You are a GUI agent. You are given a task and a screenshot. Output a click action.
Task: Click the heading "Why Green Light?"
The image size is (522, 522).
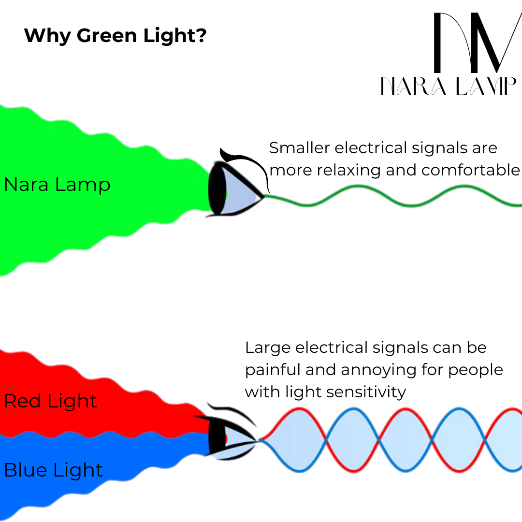(115, 35)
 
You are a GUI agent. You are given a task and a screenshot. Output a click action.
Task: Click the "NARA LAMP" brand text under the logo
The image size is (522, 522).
(449, 87)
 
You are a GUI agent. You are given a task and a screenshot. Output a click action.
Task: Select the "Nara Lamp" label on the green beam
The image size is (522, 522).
(57, 185)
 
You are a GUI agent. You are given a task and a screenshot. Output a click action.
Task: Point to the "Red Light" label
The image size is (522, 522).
(50, 401)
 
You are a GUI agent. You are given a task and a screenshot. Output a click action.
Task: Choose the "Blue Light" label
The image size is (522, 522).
(53, 470)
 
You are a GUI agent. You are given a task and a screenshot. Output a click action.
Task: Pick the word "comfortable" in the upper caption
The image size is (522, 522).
(470, 170)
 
